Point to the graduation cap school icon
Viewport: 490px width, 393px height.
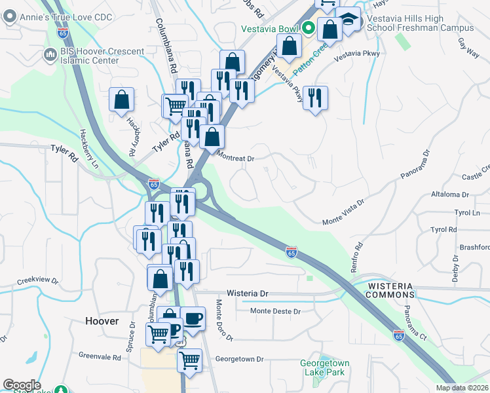pyautogui.click(x=349, y=20)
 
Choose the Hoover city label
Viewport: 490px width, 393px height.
pyautogui.click(x=102, y=321)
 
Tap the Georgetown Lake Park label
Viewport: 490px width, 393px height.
pyautogui.click(x=325, y=367)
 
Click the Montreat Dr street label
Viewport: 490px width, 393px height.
pyautogui.click(x=235, y=158)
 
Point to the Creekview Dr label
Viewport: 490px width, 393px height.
pyautogui.click(x=38, y=280)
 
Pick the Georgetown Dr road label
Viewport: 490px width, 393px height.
pyautogui.click(x=239, y=359)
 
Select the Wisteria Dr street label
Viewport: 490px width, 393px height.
pyautogui.click(x=248, y=293)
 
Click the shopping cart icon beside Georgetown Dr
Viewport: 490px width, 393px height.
pyautogui.click(x=189, y=360)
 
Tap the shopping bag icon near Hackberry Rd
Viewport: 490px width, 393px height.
pyautogui.click(x=122, y=100)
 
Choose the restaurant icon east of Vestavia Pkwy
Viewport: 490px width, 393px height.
pyautogui.click(x=316, y=98)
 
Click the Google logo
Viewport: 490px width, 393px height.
pyautogui.click(x=22, y=385)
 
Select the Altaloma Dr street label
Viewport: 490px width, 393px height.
pyautogui.click(x=447, y=195)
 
